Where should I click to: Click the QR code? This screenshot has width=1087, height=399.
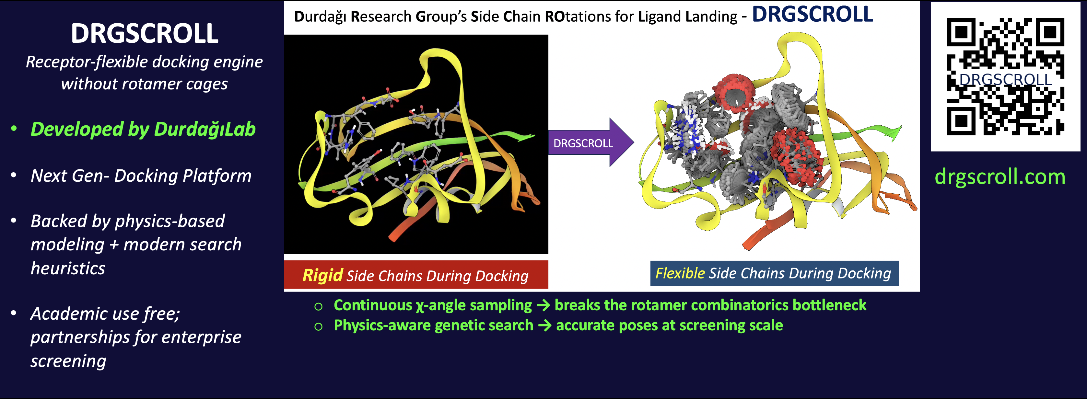point(1005,76)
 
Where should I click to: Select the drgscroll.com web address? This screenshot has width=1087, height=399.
point(999,177)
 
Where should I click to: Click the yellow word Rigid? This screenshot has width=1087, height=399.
point(322,275)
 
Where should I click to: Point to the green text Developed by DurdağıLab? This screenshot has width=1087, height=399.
point(143,129)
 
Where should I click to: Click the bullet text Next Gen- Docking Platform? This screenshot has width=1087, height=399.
point(141,176)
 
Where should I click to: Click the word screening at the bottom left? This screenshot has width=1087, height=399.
point(68,361)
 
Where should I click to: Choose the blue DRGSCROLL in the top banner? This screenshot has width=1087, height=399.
point(812,15)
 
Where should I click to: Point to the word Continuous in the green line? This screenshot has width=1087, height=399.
point(373,305)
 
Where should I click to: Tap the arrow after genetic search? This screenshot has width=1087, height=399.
point(544,325)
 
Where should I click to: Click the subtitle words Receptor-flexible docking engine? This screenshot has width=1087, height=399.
point(144,62)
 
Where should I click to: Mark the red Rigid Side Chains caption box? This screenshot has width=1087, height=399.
point(416,275)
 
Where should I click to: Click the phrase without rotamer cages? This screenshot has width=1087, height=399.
point(144,84)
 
